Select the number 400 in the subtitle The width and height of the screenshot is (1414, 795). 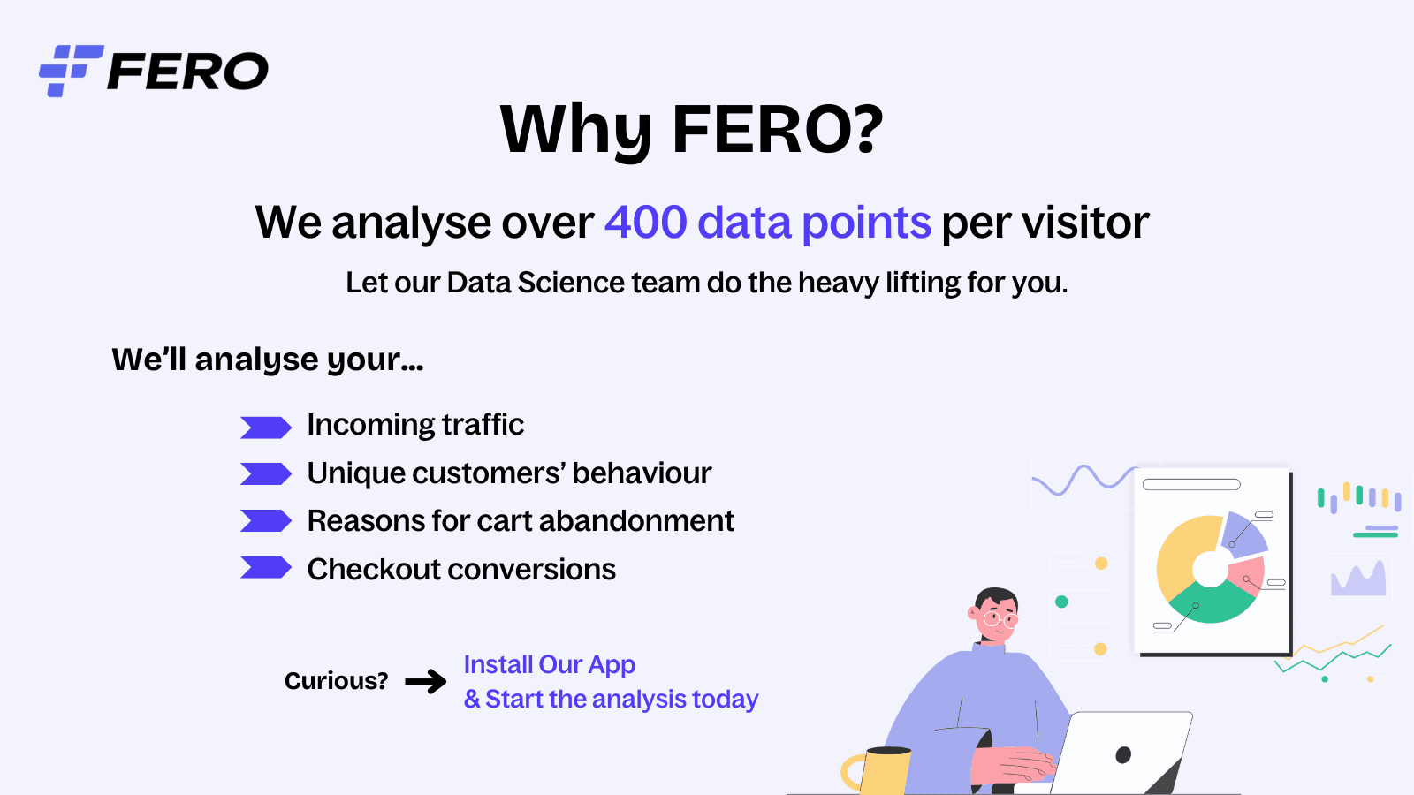coord(645,222)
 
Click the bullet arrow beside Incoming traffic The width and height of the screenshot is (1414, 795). coord(265,428)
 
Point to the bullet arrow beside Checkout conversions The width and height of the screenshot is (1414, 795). coord(265,568)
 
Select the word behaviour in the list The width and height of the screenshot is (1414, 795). coord(642,473)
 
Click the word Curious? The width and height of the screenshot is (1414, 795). coord(336,681)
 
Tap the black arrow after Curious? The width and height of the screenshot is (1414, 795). coord(426,681)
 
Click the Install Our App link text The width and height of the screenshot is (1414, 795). coord(549,664)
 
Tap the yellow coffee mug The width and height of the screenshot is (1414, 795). coord(884,771)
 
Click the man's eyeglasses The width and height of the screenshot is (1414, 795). coord(1000,619)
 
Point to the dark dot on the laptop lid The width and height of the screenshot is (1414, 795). coord(1123,754)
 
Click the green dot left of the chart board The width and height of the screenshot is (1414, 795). coord(1061,602)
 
